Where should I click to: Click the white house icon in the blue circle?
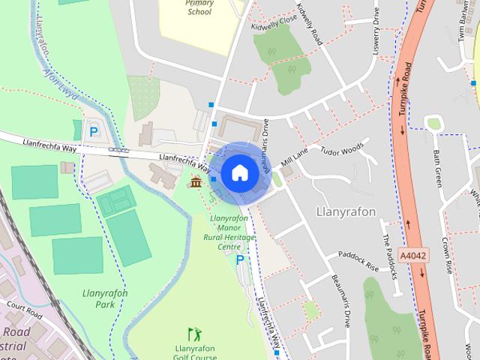(x=238, y=172)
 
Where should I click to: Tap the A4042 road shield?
(x=413, y=256)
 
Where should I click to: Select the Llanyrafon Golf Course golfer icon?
(x=194, y=334)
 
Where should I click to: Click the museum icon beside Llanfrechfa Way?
(x=196, y=182)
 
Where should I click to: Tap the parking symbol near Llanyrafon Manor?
(x=240, y=259)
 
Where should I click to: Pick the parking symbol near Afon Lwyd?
(x=94, y=132)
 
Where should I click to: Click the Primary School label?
(x=199, y=7)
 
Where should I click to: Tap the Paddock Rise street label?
(x=358, y=259)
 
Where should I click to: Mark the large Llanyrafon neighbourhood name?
(x=346, y=211)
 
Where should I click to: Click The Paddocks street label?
(x=388, y=255)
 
